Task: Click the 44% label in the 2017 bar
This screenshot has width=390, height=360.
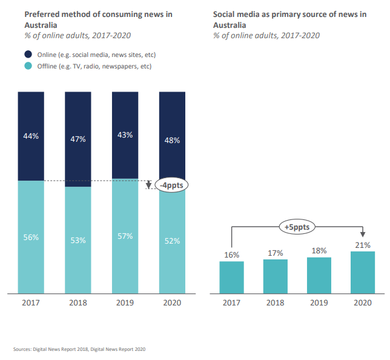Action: (31, 136)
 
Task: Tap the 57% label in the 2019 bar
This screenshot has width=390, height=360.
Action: (125, 236)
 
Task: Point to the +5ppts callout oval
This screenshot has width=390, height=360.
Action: (297, 227)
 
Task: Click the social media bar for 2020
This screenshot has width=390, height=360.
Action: (363, 272)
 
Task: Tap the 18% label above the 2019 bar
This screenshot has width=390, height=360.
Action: (319, 250)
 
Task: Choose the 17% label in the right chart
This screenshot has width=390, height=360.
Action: (276, 253)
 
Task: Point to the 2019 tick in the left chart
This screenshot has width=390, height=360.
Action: (125, 302)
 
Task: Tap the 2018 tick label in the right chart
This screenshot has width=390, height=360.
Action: (276, 302)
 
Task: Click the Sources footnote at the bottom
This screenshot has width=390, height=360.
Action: (79, 349)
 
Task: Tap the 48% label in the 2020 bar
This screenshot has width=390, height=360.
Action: (172, 141)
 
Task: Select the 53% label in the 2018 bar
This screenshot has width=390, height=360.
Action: (78, 240)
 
